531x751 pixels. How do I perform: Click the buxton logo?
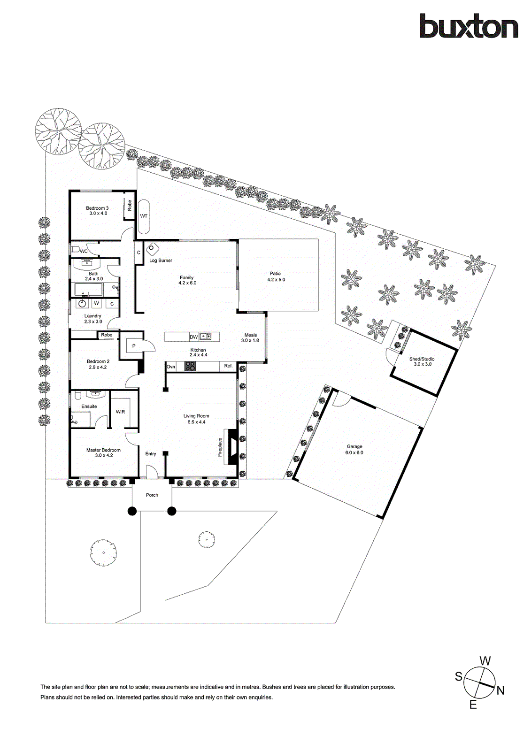469,26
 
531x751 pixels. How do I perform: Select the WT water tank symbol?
144,216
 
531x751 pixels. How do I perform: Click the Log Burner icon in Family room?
152,249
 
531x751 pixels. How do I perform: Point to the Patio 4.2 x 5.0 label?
276,276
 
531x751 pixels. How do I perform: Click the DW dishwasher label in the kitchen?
193,337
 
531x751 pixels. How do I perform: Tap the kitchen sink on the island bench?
205,337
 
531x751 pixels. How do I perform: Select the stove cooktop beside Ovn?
190,367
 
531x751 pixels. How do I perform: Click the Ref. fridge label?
228,366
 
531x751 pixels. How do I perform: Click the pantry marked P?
134,346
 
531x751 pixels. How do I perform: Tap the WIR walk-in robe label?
121,412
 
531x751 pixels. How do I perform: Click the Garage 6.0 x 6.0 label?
354,450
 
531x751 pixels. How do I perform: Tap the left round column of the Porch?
132,511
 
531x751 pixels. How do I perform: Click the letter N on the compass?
500,690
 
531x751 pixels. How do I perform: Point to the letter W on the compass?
485,661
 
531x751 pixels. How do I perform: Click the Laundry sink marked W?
96,304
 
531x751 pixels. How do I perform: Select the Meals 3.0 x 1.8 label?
250,337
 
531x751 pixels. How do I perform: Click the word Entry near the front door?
151,454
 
